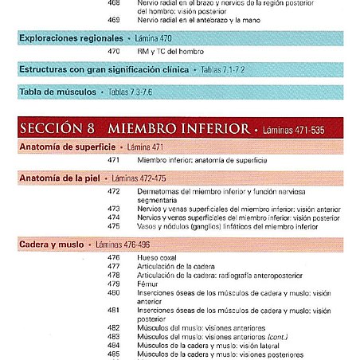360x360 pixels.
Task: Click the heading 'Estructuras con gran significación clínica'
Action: click(x=104, y=70)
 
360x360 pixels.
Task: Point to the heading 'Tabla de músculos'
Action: click(x=57, y=92)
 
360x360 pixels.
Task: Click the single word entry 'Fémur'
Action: click(x=149, y=284)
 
